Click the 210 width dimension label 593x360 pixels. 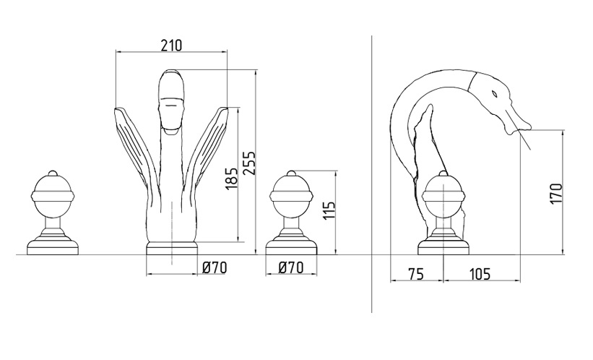click(x=172, y=45)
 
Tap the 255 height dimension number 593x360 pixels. click(x=249, y=163)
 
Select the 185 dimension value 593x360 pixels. click(x=231, y=179)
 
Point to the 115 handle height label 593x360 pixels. click(x=329, y=211)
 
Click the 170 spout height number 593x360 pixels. click(x=557, y=194)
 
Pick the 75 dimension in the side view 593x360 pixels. click(x=416, y=273)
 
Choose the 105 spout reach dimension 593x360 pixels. click(x=480, y=273)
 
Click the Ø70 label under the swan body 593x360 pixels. click(x=215, y=268)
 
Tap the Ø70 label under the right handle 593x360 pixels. click(x=291, y=268)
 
